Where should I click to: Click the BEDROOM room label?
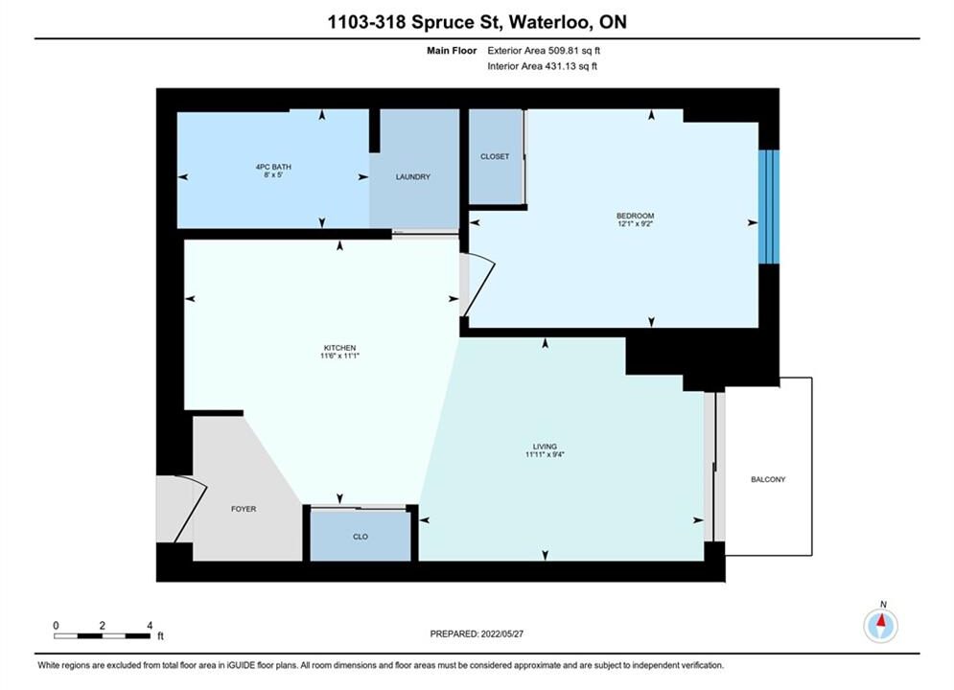(x=635, y=216)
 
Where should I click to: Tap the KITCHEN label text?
(x=339, y=348)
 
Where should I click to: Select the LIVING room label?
(x=545, y=447)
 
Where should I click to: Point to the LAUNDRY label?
(x=413, y=177)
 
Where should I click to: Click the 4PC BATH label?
(x=273, y=167)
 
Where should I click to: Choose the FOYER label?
(x=244, y=509)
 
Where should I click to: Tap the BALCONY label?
(x=768, y=480)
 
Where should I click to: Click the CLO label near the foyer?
(x=361, y=537)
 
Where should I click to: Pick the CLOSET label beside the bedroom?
(x=495, y=156)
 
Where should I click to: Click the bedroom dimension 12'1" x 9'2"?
(x=635, y=223)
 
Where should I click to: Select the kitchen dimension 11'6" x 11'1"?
(x=339, y=356)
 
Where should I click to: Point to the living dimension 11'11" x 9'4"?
(x=545, y=454)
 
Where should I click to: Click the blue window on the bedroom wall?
(x=769, y=207)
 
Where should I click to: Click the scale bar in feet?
(x=102, y=636)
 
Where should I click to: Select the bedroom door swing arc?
(x=482, y=285)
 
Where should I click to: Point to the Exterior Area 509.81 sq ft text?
(x=544, y=51)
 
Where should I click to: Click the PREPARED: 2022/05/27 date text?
(x=477, y=633)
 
